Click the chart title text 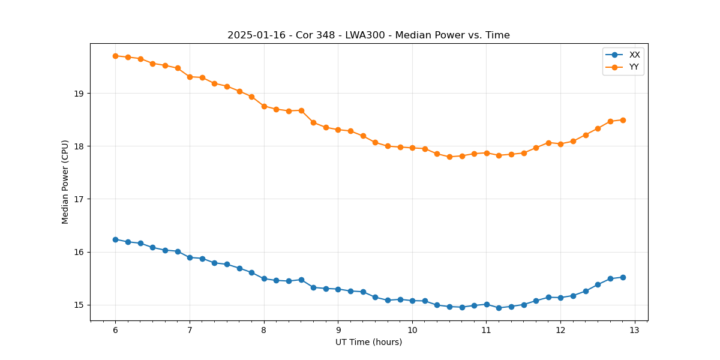click(368, 35)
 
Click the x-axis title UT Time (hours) click(368, 343)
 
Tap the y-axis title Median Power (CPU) click(65, 181)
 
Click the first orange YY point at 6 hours click(115, 56)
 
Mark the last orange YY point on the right click(623, 120)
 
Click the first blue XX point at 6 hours click(115, 239)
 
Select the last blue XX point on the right click(623, 277)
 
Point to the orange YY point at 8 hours click(264, 106)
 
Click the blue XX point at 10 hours click(412, 301)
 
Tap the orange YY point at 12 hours click(560, 144)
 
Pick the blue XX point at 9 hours click(338, 289)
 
